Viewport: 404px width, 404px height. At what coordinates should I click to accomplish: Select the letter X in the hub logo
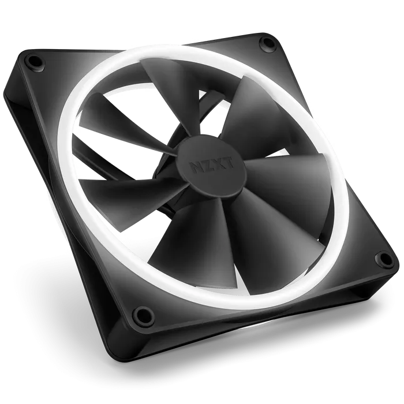[218, 163]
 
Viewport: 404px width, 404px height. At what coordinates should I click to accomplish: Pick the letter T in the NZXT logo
[229, 162]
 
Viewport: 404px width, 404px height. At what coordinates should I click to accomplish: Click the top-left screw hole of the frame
[33, 61]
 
